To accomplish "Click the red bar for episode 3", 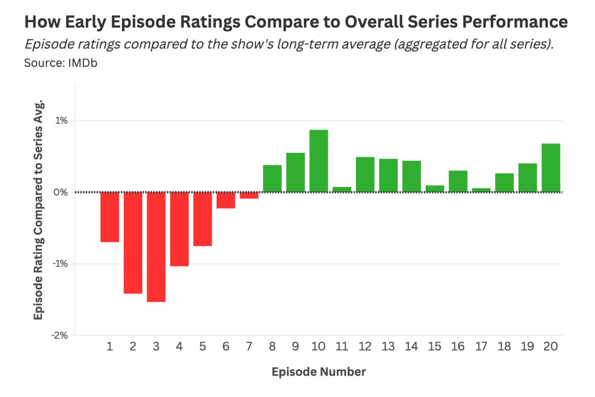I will coord(156,247).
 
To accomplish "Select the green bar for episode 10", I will coord(319,161).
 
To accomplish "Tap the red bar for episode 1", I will coord(110,217).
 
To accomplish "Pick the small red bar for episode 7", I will coord(249,196).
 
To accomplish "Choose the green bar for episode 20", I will coord(551,168).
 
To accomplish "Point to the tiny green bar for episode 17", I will coord(481,190).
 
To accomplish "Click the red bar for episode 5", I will coord(203,219).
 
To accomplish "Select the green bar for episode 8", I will coord(272,179).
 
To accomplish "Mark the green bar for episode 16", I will coord(458,181).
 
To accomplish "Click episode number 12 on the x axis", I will coord(365,346).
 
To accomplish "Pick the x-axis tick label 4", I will coord(179,346).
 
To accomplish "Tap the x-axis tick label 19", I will coord(528,346).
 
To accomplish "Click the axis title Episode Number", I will coord(318,372).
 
